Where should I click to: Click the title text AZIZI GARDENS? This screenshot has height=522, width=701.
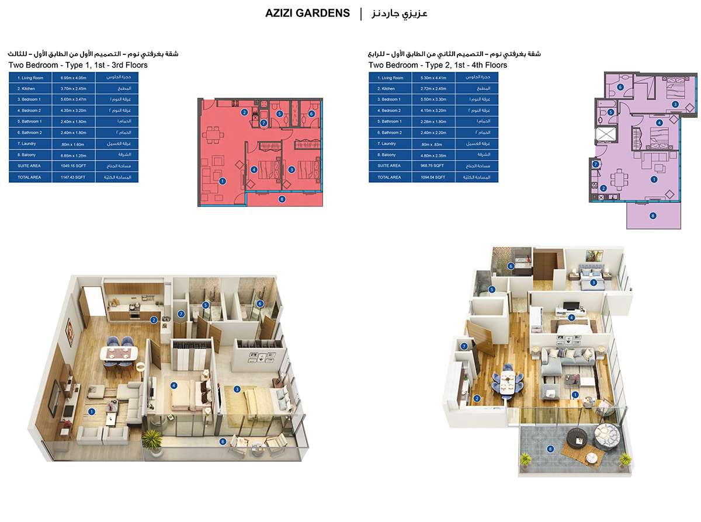[x=307, y=13]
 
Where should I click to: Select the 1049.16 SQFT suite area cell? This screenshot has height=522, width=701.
[x=73, y=166]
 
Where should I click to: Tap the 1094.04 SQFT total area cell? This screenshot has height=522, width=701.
[x=433, y=177]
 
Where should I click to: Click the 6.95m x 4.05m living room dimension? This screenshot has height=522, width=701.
[x=73, y=78]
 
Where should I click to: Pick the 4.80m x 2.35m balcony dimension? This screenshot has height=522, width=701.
[x=433, y=155]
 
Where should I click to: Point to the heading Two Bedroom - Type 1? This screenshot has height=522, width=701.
[x=78, y=65]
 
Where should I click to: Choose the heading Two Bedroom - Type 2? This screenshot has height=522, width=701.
[x=438, y=65]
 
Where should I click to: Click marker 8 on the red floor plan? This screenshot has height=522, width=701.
[x=282, y=199]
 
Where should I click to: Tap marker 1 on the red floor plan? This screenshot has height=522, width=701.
[x=223, y=181]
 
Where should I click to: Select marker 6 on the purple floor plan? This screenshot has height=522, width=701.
[x=620, y=88]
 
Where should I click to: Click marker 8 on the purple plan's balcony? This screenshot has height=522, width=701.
[x=653, y=215]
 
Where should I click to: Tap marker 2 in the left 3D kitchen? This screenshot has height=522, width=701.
[x=154, y=319]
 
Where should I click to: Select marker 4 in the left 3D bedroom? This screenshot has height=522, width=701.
[x=174, y=385]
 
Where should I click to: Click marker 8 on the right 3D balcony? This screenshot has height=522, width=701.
[x=550, y=448]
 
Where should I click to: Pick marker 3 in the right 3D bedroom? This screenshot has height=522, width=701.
[x=594, y=283]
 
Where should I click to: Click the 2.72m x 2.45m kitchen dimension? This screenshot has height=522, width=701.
[x=433, y=89]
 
